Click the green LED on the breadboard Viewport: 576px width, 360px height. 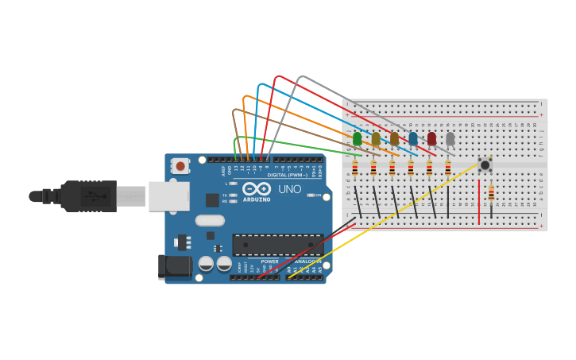357,139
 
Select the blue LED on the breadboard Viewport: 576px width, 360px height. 412,139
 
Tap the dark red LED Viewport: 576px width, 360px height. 431,139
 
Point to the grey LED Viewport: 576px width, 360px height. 450,139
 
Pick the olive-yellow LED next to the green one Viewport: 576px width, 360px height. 376,139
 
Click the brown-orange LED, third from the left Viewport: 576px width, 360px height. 394,139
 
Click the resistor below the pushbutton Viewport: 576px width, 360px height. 491,193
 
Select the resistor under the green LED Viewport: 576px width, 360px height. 354,168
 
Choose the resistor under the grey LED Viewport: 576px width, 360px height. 448,168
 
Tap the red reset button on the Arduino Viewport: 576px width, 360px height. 180,166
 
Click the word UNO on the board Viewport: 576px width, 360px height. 289,189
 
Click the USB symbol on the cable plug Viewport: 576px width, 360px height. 93,195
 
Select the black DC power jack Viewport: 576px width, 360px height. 175,266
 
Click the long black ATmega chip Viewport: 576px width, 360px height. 277,245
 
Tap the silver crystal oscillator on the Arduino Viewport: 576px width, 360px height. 210,221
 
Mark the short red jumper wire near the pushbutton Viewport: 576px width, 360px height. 479,203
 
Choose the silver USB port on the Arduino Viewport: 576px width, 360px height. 168,195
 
